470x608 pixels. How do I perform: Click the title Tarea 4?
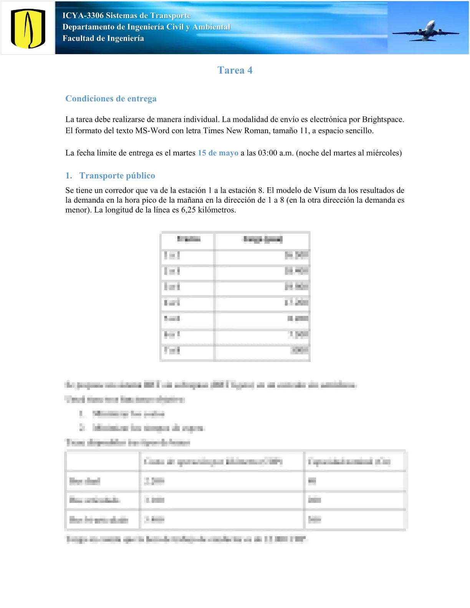click(x=235, y=70)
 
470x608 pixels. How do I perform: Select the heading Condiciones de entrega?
click(x=111, y=99)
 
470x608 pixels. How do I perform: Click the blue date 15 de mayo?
click(x=218, y=153)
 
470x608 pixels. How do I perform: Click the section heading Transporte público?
click(x=117, y=175)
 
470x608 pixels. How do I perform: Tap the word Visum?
click(x=325, y=190)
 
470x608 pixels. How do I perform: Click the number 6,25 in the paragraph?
click(x=189, y=210)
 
